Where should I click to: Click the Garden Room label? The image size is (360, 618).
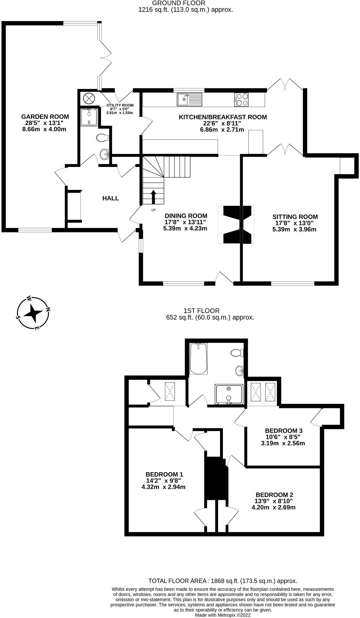pos(45,117)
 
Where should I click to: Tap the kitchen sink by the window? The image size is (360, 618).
pos(189,100)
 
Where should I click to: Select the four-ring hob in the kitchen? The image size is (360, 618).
pos(242,100)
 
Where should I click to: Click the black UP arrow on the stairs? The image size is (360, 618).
pos(153,196)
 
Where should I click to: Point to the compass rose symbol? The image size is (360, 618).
pos(33,313)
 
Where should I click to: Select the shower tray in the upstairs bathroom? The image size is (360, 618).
pos(229,394)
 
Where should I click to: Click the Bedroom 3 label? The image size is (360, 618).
pos(283,431)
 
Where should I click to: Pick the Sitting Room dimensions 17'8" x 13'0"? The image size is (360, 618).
pos(295,223)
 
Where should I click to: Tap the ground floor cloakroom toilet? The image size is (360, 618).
pos(102,137)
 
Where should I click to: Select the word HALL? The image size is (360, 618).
pos(110,198)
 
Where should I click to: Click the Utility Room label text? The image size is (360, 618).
pos(120,105)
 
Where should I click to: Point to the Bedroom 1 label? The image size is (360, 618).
pos(164,474)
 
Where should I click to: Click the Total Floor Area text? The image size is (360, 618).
pos(223,581)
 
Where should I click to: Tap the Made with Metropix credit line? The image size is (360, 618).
pos(223,615)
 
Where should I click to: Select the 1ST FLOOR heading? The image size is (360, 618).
pos(201,311)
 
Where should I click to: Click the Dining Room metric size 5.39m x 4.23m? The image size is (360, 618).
pos(185,228)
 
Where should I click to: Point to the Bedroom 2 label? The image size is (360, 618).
pos(274,495)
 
